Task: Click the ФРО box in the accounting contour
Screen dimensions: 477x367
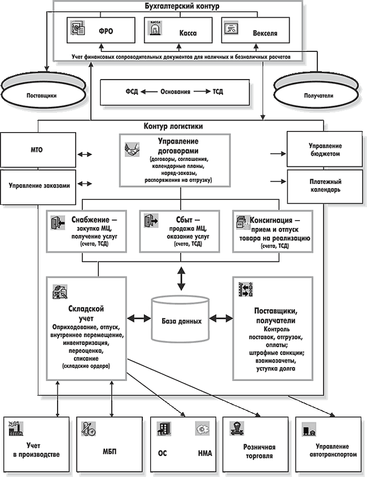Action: click(102, 31)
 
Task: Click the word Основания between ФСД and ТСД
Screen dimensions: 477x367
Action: click(175, 91)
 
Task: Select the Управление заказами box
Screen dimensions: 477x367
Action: click(38, 185)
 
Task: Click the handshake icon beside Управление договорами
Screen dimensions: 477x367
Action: click(132, 151)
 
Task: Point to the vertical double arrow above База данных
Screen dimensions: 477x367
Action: click(181, 278)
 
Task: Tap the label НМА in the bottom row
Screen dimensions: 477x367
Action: click(205, 453)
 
